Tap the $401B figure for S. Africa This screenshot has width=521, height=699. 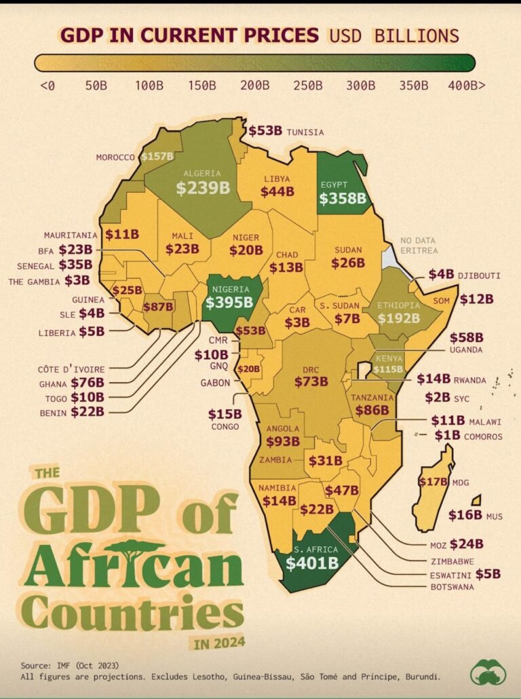pyautogui.click(x=312, y=563)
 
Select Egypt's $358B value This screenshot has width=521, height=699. pyautogui.click(x=343, y=198)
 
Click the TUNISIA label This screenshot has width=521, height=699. pyautogui.click(x=305, y=132)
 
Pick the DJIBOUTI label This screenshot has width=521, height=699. pyautogui.click(x=479, y=276)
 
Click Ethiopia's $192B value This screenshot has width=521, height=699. pyautogui.click(x=399, y=318)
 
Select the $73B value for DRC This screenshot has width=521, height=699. pyautogui.click(x=311, y=381)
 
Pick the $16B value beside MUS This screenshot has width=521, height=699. pyautogui.click(x=465, y=515)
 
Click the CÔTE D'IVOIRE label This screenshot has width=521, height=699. pyautogui.click(x=71, y=369)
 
